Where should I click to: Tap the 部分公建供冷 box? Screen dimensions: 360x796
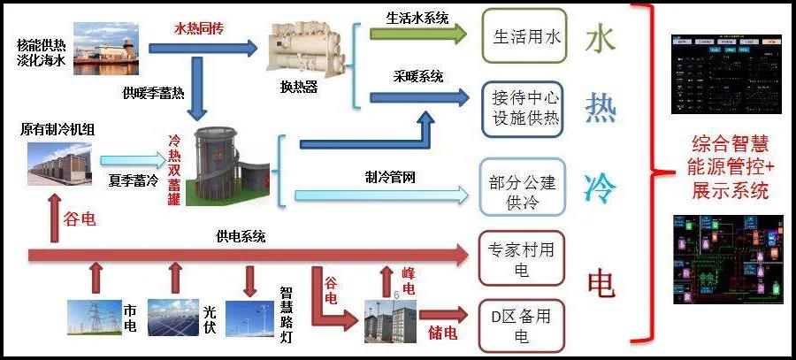(x=522, y=193)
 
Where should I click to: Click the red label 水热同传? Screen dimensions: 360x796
(x=199, y=28)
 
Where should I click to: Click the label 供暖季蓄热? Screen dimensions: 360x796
(x=153, y=92)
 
